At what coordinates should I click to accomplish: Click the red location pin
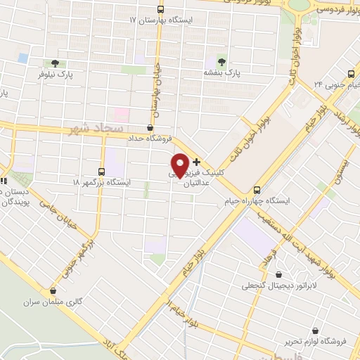click(180, 164)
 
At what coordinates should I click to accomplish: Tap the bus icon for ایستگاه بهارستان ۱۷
click(161, 9)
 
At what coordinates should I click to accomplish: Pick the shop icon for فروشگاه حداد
click(150, 127)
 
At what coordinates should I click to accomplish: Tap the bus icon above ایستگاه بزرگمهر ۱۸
click(102, 171)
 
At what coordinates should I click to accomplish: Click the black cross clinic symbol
click(196, 162)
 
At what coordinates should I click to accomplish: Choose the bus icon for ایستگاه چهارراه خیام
click(257, 189)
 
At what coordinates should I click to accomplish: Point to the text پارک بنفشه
click(223, 72)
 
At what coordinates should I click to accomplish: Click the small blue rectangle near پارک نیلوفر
click(23, 57)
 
